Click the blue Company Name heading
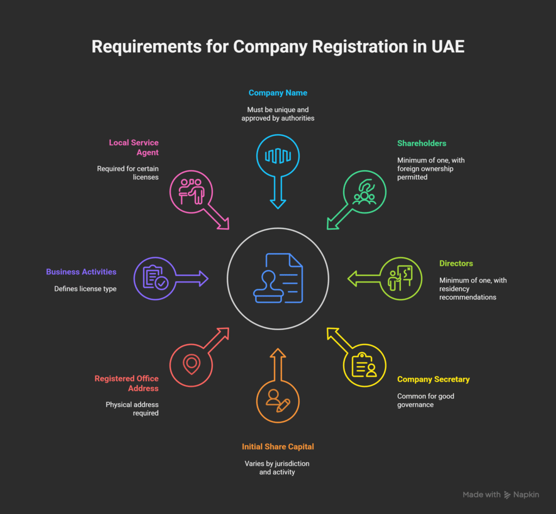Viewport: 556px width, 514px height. point(277,93)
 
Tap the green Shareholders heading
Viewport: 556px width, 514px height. point(421,143)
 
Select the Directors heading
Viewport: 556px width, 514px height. point(456,264)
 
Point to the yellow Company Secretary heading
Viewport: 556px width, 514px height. point(433,379)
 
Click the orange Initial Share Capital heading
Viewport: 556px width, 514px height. point(277,447)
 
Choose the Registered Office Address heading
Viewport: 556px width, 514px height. point(127,384)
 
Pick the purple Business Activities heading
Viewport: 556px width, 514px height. point(81,272)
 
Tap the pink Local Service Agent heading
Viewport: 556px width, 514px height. point(134,148)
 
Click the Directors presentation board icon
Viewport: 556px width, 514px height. point(400,278)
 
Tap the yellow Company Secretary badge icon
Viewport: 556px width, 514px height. point(364,365)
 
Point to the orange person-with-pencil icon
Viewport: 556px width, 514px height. point(277,400)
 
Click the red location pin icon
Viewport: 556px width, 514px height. point(191,365)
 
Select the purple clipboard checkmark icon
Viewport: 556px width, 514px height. point(155,278)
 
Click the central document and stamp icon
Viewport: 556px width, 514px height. point(277,278)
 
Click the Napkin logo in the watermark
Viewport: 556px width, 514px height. point(508,495)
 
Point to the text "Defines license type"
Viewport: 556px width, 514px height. point(85,289)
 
